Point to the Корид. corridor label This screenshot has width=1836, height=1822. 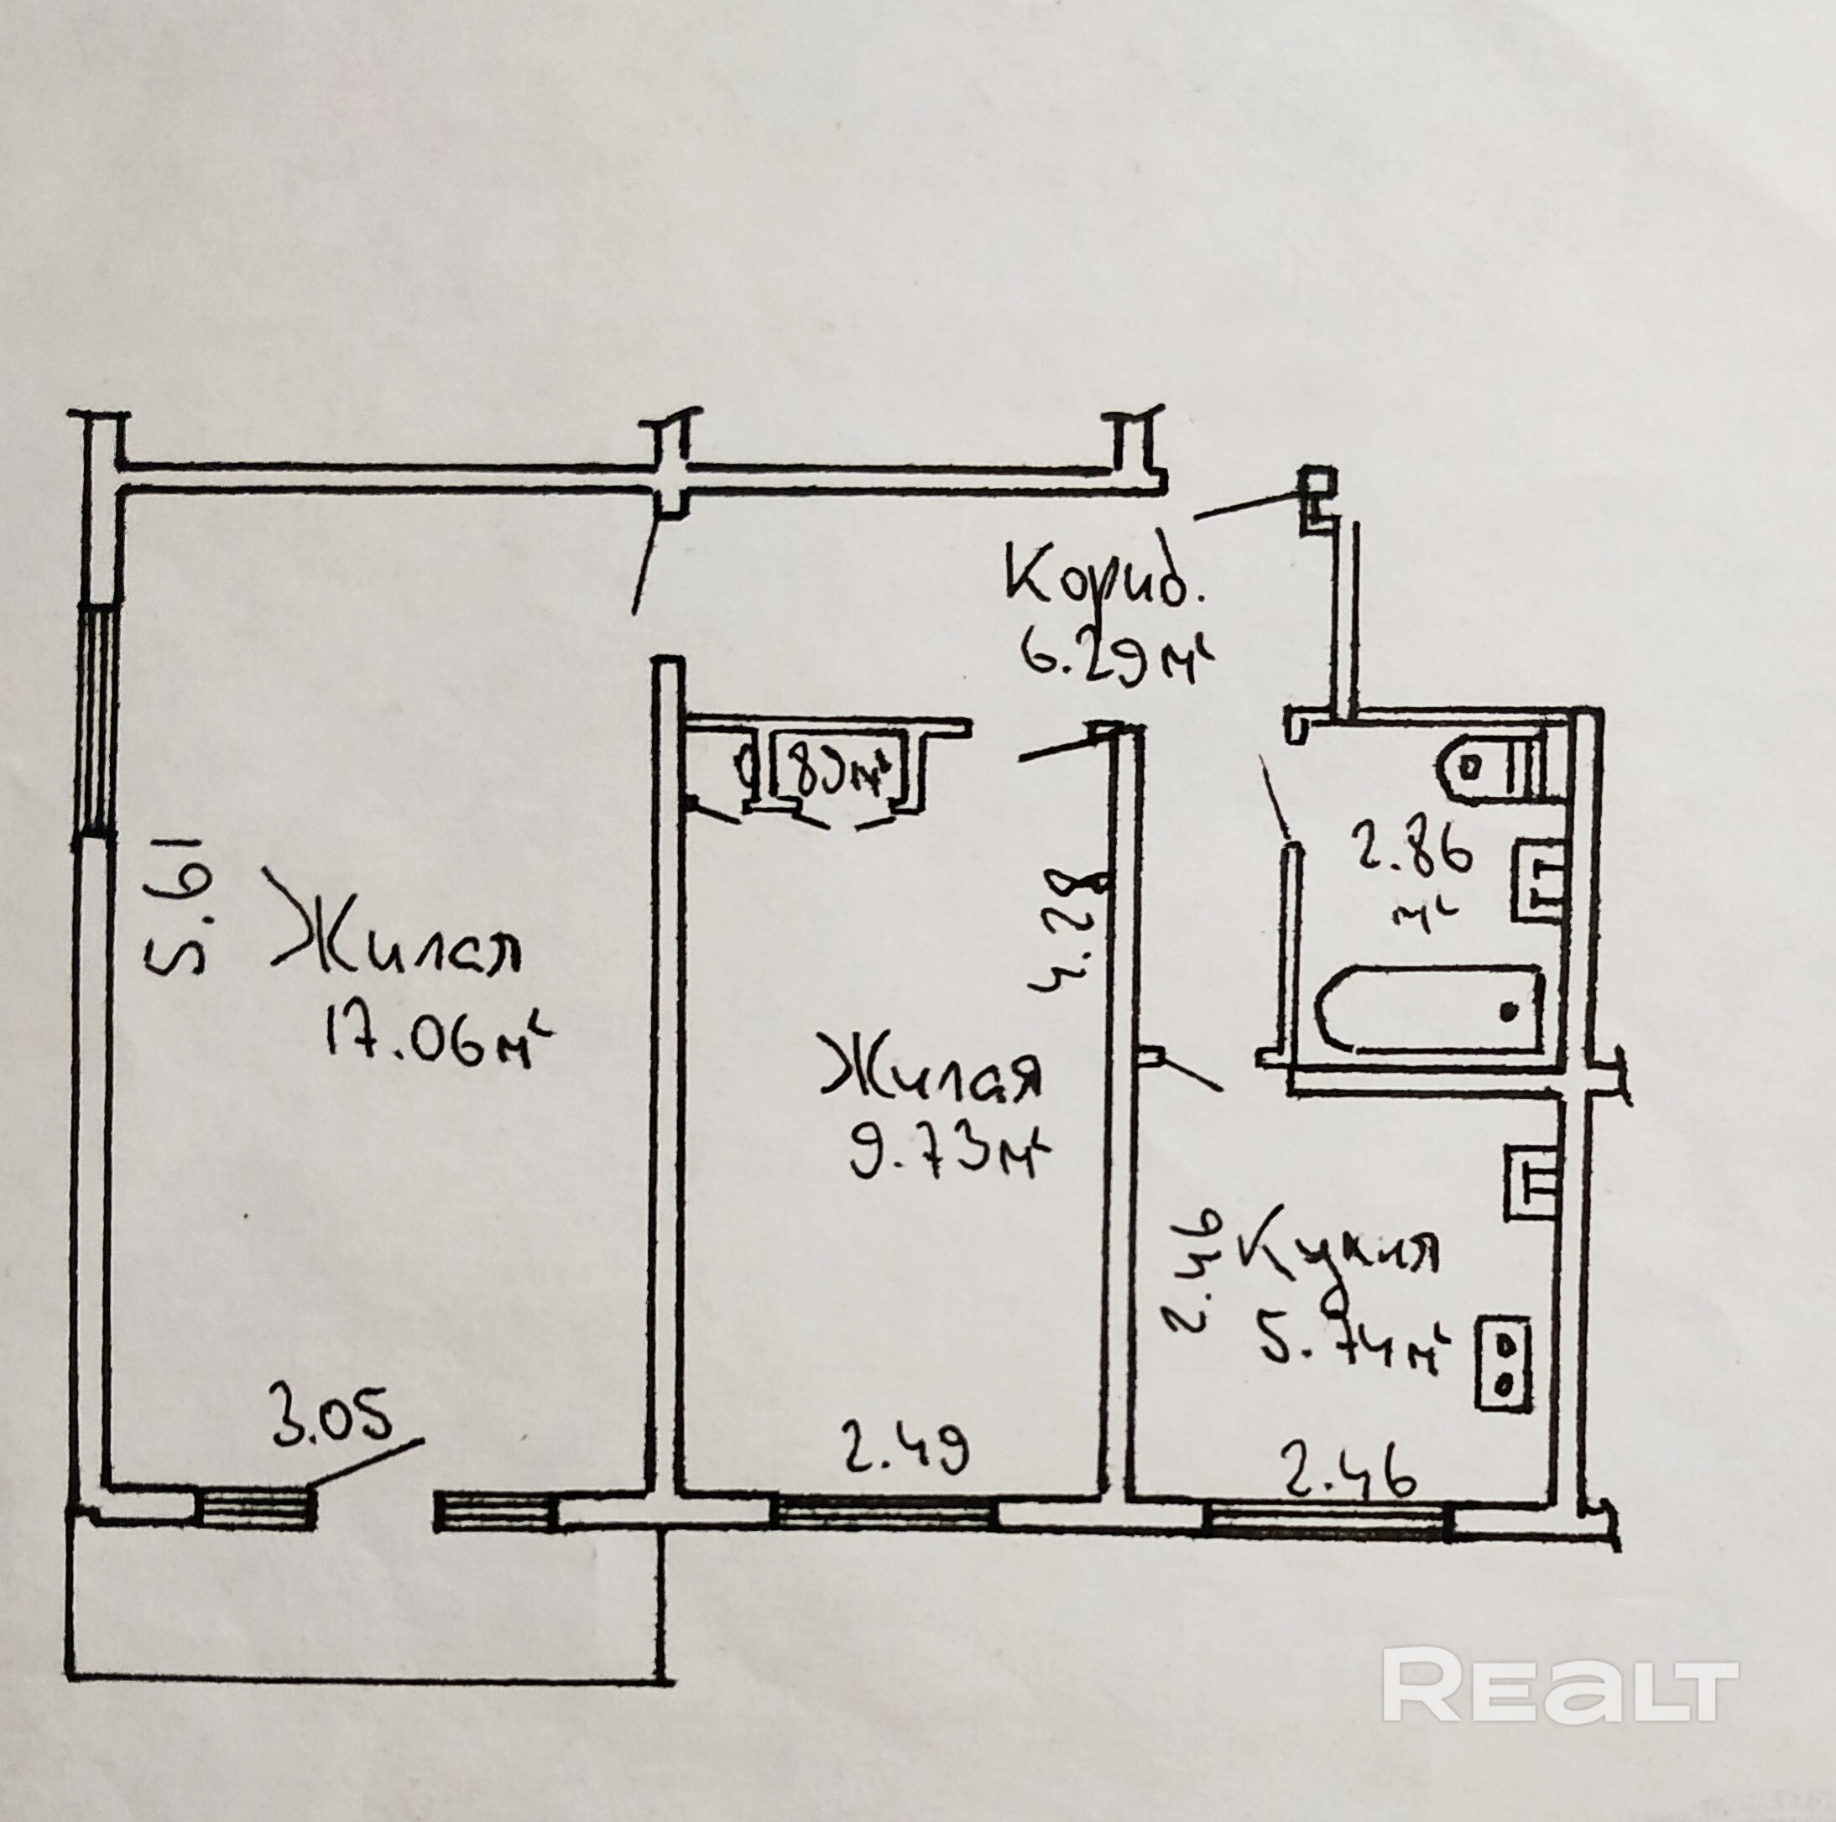click(x=1103, y=581)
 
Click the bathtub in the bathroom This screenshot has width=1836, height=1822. click(x=1430, y=1010)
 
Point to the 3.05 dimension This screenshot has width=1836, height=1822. click(x=331, y=1426)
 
